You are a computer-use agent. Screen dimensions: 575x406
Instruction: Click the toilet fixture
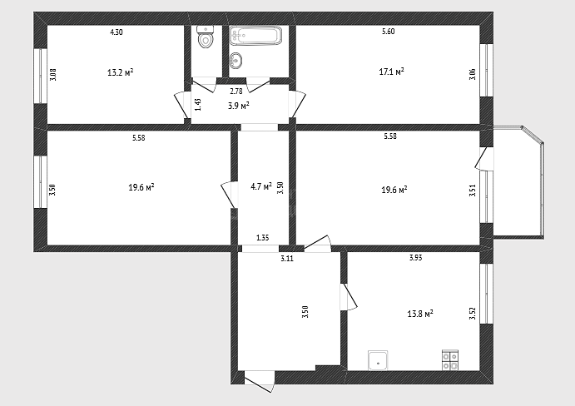coord(205,37)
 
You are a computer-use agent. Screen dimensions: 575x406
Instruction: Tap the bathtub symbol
coord(256,36)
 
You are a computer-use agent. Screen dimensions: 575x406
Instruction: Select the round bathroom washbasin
coord(236,60)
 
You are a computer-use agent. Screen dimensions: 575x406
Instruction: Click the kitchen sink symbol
coord(378,360)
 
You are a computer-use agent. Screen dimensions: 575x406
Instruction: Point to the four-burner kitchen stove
coord(450,360)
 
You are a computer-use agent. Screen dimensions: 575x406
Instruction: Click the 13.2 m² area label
coord(121,72)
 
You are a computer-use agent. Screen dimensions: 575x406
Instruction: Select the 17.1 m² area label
coord(391,72)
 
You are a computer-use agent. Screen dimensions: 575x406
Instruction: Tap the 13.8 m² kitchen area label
coord(420,314)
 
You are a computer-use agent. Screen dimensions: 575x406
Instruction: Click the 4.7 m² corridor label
coord(261,186)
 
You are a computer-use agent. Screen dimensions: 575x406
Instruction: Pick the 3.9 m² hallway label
coord(238,106)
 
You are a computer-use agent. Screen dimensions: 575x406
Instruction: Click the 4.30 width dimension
coord(116,32)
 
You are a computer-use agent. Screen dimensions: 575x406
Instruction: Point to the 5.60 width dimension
coord(389,32)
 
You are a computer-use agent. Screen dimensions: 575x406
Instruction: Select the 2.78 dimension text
coord(236,92)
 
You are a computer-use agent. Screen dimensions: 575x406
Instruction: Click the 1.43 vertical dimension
coord(198,105)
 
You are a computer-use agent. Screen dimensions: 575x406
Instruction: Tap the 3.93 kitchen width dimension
coord(416,258)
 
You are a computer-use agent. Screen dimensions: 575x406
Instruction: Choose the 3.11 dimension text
coord(287,259)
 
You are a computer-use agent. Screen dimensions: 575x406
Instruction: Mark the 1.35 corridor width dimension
coord(263,238)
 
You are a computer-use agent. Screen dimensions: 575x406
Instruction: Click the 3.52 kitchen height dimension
coord(473,314)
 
